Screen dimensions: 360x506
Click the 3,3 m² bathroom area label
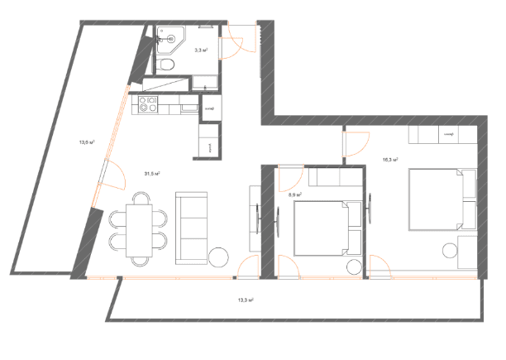coord(200,50)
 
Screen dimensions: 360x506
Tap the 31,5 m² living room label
coord(151,174)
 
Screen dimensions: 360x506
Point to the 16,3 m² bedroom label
coord(391,160)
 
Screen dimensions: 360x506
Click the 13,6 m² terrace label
coord(86,142)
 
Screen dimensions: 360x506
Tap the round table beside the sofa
coord(220,257)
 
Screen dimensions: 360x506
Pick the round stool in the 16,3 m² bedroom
coord(449,247)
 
